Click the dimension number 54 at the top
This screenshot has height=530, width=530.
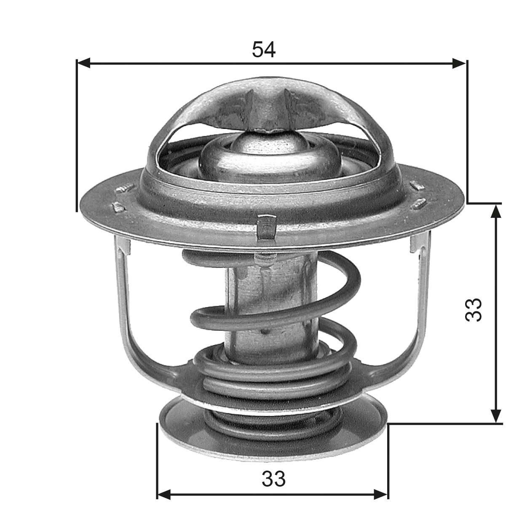click(x=264, y=50)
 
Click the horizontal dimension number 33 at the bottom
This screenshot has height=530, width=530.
click(x=273, y=479)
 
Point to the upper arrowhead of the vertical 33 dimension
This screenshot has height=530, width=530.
click(x=497, y=211)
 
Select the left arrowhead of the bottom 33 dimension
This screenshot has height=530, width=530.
click(x=163, y=494)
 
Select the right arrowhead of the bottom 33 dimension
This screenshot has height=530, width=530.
click(x=381, y=494)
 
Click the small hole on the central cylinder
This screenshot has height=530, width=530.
click(x=264, y=332)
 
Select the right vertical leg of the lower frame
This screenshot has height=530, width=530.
click(x=423, y=295)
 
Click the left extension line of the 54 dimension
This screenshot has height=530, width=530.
click(x=77, y=135)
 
